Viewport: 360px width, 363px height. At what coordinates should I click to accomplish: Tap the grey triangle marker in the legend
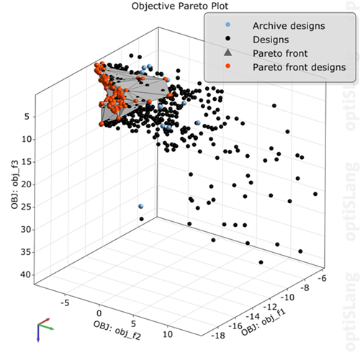(228, 53)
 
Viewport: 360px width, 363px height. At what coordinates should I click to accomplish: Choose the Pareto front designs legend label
(293, 67)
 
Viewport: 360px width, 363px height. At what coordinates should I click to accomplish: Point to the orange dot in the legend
(228, 67)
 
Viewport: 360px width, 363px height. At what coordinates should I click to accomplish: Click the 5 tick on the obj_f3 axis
(24, 116)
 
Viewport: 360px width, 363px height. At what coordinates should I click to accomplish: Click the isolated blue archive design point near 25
(142, 207)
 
